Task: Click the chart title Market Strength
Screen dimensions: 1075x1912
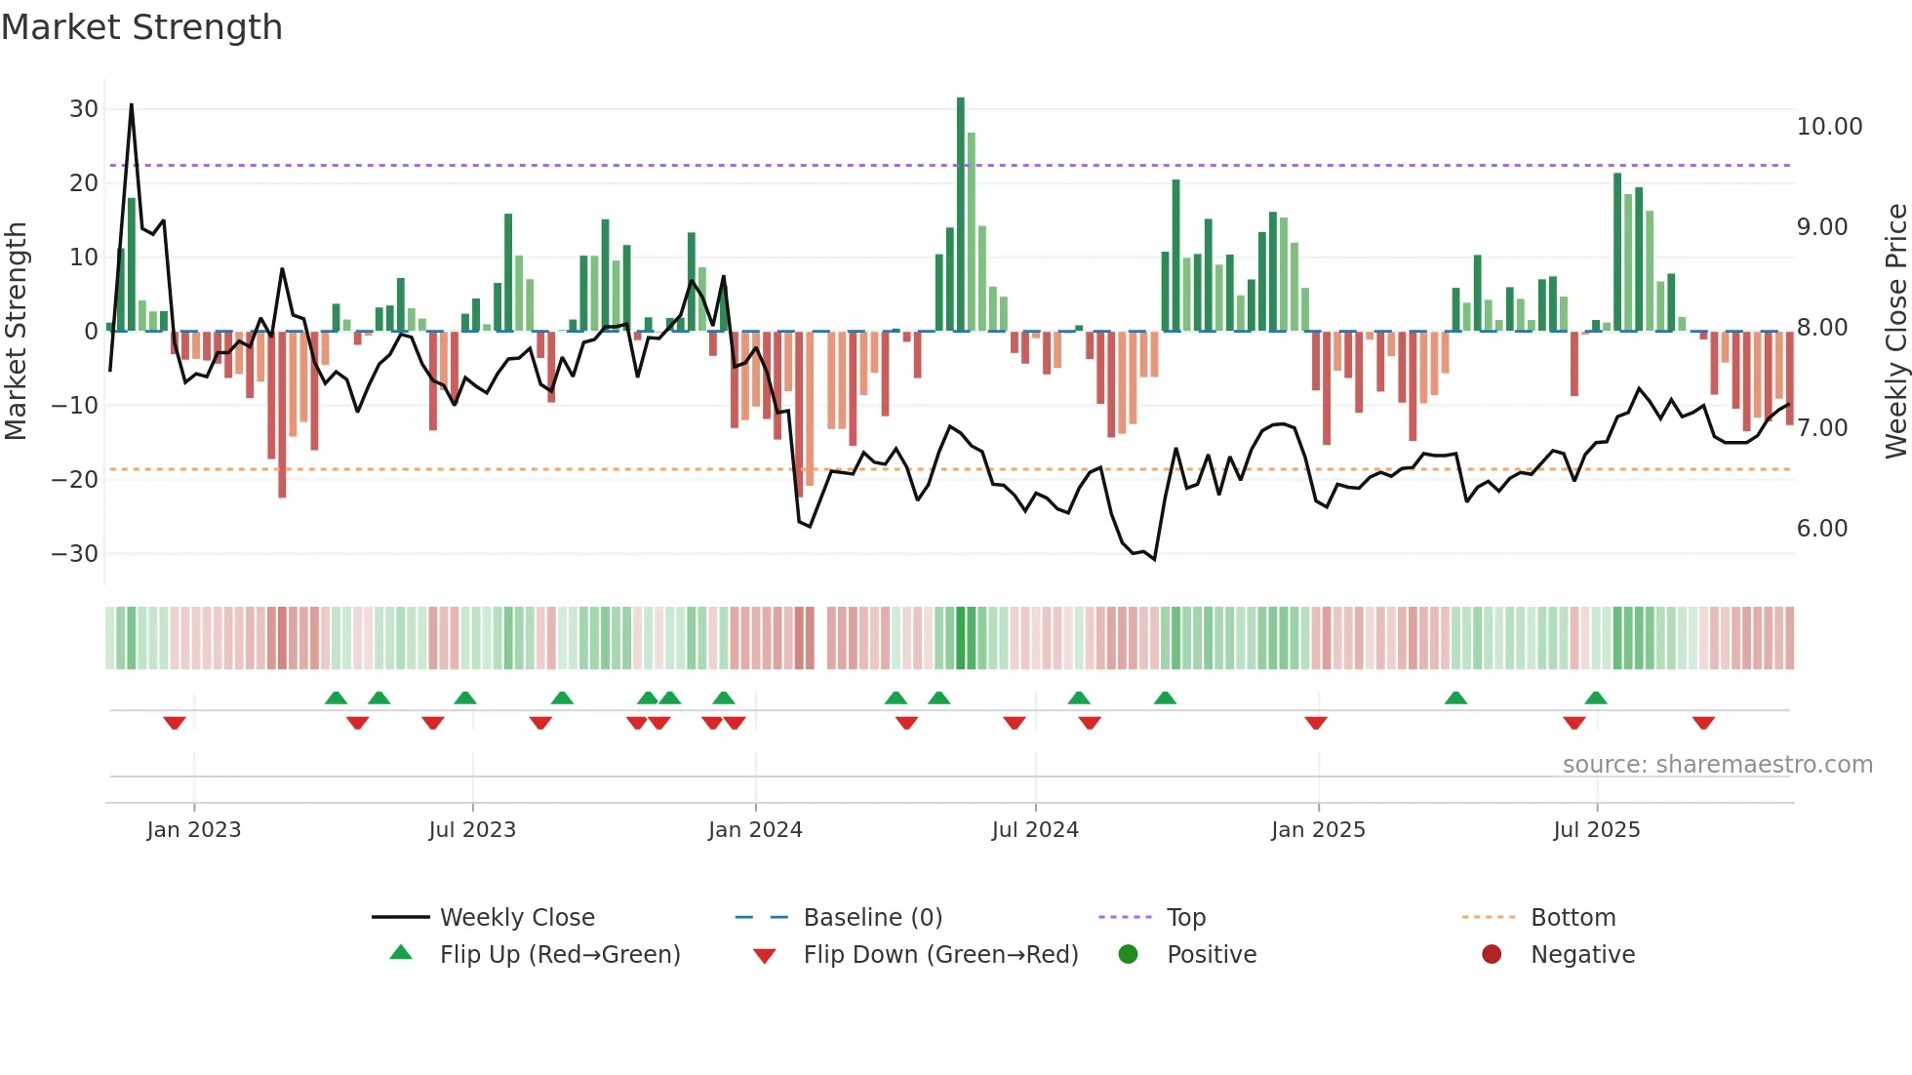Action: (141, 27)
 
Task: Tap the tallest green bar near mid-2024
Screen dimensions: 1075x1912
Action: (961, 215)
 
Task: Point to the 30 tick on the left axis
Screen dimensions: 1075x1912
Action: (84, 109)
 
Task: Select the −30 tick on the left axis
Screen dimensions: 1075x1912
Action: (75, 554)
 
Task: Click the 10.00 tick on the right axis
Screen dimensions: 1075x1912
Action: (1829, 127)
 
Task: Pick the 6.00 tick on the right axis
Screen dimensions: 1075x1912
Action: (1821, 529)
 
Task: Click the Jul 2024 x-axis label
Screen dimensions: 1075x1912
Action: (1035, 830)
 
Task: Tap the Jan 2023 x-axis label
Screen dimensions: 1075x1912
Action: (193, 830)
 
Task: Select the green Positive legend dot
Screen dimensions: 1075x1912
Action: (1129, 955)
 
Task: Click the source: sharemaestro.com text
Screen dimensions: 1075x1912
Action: (1717, 765)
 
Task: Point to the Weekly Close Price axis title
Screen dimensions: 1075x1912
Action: (1895, 332)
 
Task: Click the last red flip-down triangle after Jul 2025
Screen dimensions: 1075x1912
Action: (1703, 723)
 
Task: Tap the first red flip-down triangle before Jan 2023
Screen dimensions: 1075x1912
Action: (175, 723)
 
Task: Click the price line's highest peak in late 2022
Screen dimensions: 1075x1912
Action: (132, 105)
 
